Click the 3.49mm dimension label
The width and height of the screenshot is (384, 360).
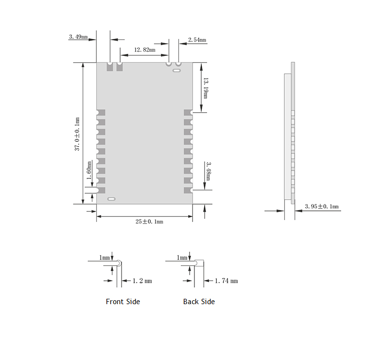coord(78,36)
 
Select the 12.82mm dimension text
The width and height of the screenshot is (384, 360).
coord(144,50)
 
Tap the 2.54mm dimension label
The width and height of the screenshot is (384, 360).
coord(197,40)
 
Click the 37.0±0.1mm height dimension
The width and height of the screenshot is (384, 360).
coord(77,134)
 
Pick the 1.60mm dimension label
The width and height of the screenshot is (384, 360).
coord(89,171)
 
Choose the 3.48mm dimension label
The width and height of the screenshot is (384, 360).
coord(208,171)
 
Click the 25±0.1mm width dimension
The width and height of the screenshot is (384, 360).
coord(149,222)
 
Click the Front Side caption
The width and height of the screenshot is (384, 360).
coord(122,302)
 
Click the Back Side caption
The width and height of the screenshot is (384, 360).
coord(198,302)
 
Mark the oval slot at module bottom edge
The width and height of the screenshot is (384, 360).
coord(112,199)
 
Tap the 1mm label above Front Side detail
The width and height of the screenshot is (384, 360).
coord(104,257)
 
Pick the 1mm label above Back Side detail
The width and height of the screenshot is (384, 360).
coord(182,257)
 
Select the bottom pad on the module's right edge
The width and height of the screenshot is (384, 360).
coord(188,190)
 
